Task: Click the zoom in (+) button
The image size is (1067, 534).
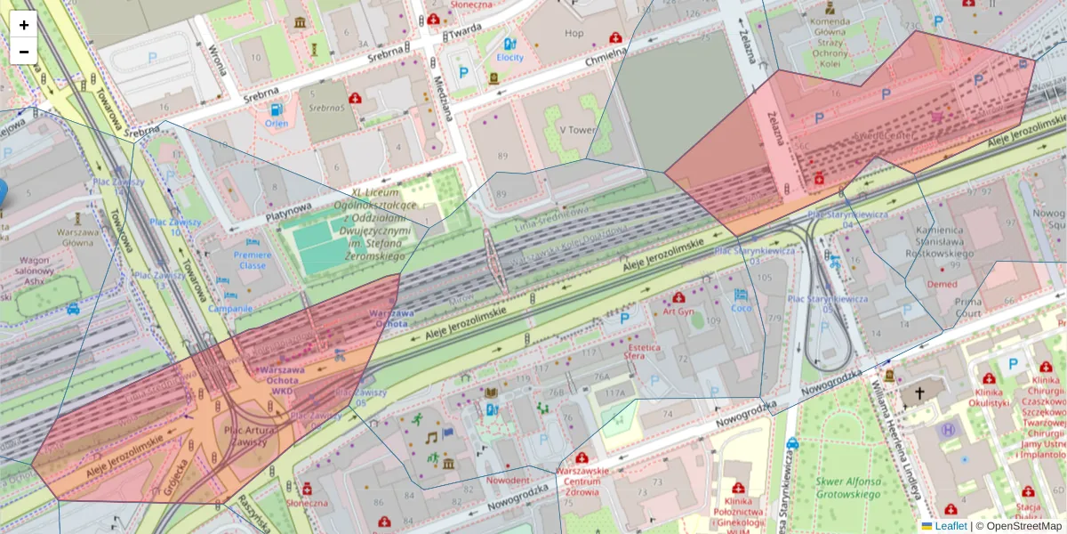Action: click(x=24, y=25)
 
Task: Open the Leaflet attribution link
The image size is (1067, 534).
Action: click(x=951, y=526)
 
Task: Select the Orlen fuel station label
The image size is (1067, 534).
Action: click(x=277, y=123)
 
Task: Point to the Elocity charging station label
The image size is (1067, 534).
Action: click(x=509, y=57)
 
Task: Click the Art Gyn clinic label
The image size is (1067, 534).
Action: click(x=678, y=311)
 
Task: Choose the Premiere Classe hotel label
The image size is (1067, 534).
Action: click(x=252, y=259)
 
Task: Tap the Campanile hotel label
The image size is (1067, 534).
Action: click(x=230, y=308)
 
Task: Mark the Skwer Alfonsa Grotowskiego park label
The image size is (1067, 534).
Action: click(x=848, y=489)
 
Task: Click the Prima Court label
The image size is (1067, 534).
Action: click(x=967, y=307)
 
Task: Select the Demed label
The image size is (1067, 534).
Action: click(x=942, y=284)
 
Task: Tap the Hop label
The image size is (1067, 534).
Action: click(x=574, y=34)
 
